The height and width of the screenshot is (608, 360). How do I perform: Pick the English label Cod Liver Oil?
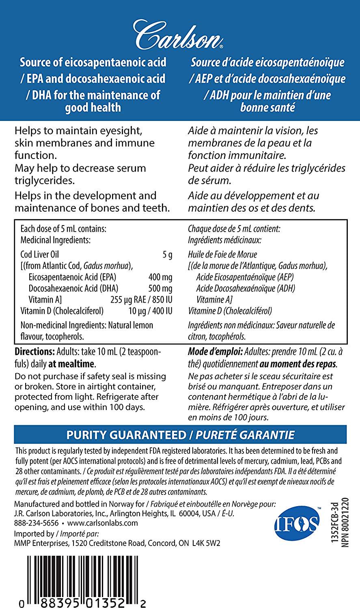click(40, 255)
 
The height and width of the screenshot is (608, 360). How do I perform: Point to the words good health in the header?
click(93, 107)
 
